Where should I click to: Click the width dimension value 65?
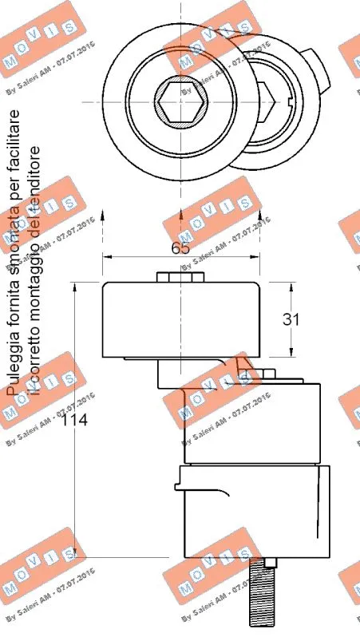click(x=180, y=247)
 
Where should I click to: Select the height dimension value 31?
click(x=291, y=318)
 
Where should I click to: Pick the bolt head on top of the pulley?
click(x=180, y=276)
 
